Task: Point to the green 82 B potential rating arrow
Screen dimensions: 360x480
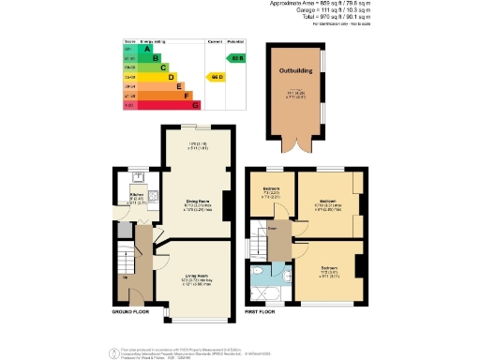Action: [238, 59]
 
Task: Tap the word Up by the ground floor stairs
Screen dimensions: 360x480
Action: [125, 277]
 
